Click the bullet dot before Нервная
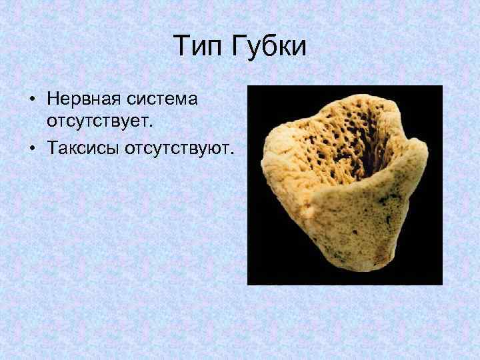pyautogui.click(x=32, y=101)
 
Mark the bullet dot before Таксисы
pyautogui.click(x=32, y=146)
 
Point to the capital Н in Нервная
pyautogui.click(x=53, y=100)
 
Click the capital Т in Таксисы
pyautogui.click(x=52, y=145)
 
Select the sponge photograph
pyautogui.click(x=345, y=185)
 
